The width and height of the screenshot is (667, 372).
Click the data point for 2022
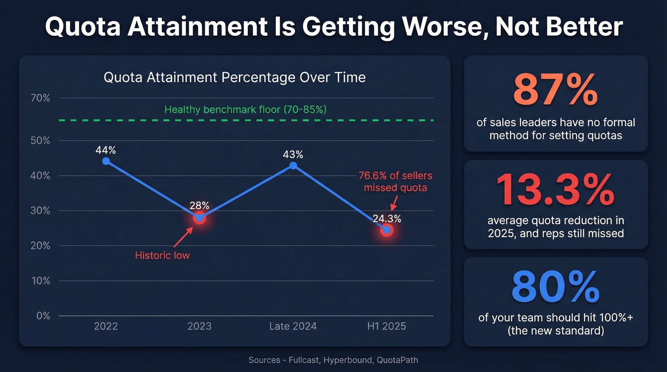tap(106, 161)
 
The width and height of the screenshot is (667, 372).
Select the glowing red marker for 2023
tap(200, 218)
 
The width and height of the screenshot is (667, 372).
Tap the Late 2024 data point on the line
tap(293, 165)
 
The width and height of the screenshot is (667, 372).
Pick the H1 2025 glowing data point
tap(387, 231)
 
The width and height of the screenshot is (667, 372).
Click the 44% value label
tap(106, 150)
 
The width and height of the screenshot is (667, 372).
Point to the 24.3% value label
tap(387, 219)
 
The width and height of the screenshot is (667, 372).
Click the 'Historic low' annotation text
tap(162, 255)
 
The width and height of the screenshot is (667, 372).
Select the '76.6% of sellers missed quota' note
tap(395, 181)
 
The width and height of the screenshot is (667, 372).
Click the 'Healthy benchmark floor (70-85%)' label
tap(245, 110)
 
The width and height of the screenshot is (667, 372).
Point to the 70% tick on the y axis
tap(40, 99)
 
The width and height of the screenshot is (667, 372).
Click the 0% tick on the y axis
tap(43, 316)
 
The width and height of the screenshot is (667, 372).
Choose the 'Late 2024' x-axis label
tap(293, 326)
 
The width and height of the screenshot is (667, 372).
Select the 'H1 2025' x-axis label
tap(387, 326)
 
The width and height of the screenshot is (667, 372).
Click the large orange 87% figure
tap(556, 90)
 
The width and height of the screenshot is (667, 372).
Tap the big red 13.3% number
tap(556, 190)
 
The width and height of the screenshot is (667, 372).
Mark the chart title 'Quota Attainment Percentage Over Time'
tap(235, 77)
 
